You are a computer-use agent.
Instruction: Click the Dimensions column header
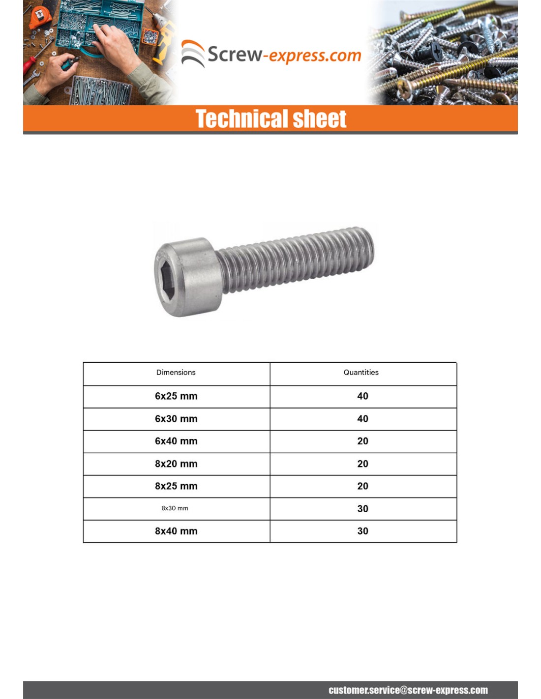(x=176, y=373)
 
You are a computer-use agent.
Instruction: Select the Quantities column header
(x=361, y=373)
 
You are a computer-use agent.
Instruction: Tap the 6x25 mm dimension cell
(x=176, y=396)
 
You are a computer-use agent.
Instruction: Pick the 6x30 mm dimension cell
(x=176, y=419)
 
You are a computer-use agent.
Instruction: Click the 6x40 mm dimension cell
(x=176, y=441)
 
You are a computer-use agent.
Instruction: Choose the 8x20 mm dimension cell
(x=176, y=464)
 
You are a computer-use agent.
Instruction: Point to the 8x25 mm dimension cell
(x=176, y=486)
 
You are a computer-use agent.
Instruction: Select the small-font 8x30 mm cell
(x=175, y=508)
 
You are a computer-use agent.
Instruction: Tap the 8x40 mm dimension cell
(x=176, y=531)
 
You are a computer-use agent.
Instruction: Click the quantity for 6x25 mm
(x=362, y=396)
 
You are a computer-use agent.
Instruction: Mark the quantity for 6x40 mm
(x=362, y=441)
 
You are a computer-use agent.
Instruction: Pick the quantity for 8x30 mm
(x=362, y=509)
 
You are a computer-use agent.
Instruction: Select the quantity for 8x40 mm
(x=362, y=531)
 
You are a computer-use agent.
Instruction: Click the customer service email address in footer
(x=408, y=690)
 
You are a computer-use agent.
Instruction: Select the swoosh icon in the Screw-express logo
(x=193, y=53)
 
